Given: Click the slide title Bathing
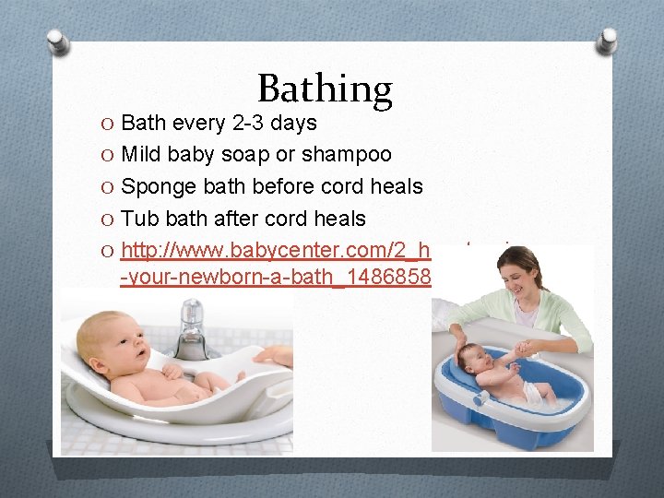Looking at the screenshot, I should click(325, 89).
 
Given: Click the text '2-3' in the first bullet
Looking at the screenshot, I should click(246, 123).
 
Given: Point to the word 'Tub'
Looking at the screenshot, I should click(140, 219).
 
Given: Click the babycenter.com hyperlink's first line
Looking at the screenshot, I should click(276, 251).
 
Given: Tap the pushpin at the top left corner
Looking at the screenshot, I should click(58, 41).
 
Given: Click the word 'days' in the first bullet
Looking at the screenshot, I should click(293, 123).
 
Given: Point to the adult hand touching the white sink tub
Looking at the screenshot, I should click(273, 355).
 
